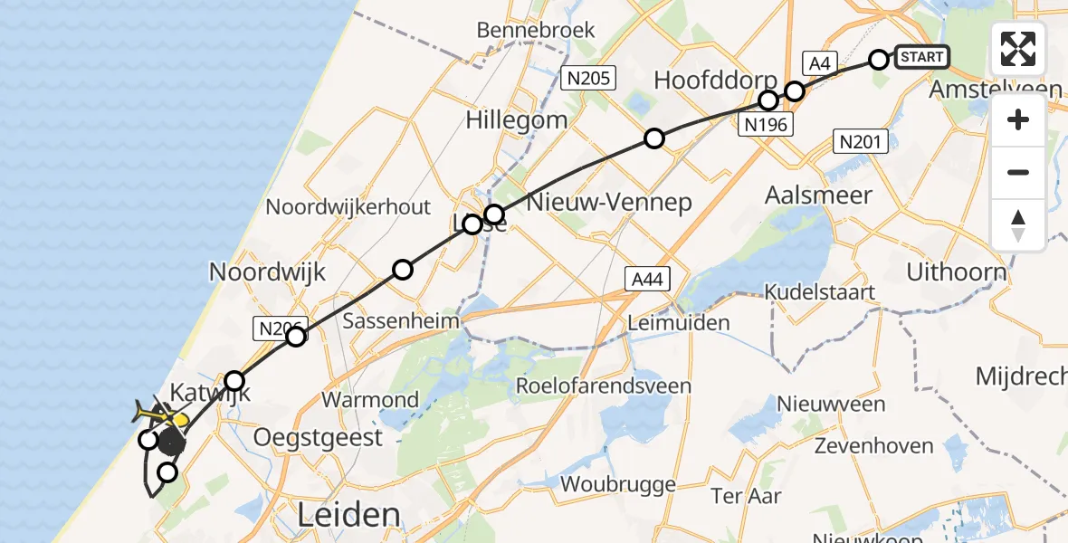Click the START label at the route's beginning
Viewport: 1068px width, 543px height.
point(922,57)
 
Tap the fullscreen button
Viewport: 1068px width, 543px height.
point(1018,49)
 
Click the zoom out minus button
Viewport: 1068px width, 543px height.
point(1018,172)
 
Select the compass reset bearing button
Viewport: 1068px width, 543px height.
point(1018,224)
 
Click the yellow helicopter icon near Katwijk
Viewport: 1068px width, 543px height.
point(159,415)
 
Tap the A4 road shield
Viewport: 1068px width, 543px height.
point(819,63)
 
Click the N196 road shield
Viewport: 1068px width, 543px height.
point(766,124)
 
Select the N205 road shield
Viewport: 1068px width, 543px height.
point(588,78)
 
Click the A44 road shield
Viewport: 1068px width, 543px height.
point(646,280)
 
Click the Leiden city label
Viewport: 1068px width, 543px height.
point(349,515)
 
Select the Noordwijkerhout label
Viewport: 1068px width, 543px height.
point(348,207)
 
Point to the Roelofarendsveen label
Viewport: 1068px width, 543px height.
point(604,386)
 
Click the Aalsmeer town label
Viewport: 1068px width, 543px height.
point(818,195)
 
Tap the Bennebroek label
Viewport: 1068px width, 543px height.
point(536,30)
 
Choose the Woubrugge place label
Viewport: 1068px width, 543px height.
point(618,484)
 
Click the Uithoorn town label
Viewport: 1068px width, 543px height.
point(956,272)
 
